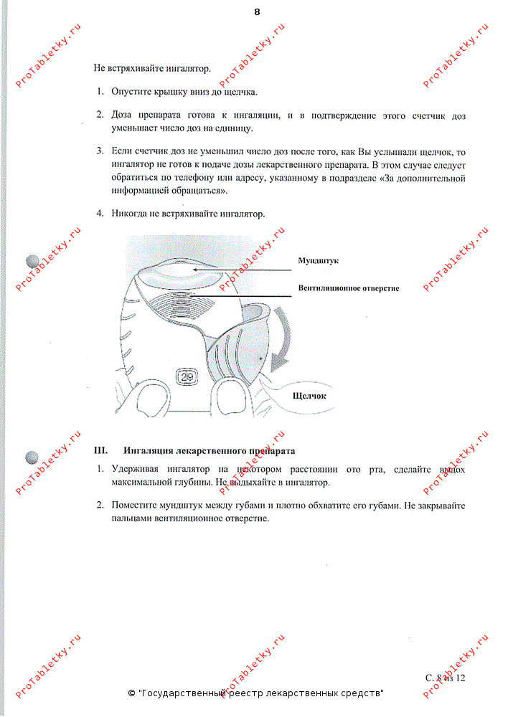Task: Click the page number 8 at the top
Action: pyautogui.click(x=257, y=12)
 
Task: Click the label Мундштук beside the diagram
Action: pyautogui.click(x=319, y=261)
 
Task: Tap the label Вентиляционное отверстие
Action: pyautogui.click(x=349, y=288)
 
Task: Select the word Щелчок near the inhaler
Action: pyautogui.click(x=309, y=396)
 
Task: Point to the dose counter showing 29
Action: pyautogui.click(x=187, y=376)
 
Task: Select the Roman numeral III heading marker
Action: pyautogui.click(x=100, y=450)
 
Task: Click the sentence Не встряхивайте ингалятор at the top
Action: pyautogui.click(x=152, y=69)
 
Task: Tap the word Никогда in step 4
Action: pyautogui.click(x=129, y=214)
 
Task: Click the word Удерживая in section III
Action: pyautogui.click(x=135, y=469)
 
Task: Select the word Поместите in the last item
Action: pyautogui.click(x=134, y=505)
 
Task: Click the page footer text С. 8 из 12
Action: pyautogui.click(x=445, y=678)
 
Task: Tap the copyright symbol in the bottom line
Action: pyautogui.click(x=131, y=693)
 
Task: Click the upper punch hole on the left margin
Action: pyautogui.click(x=33, y=261)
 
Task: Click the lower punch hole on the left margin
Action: pyautogui.click(x=32, y=457)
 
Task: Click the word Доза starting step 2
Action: pyautogui.click(x=121, y=115)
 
